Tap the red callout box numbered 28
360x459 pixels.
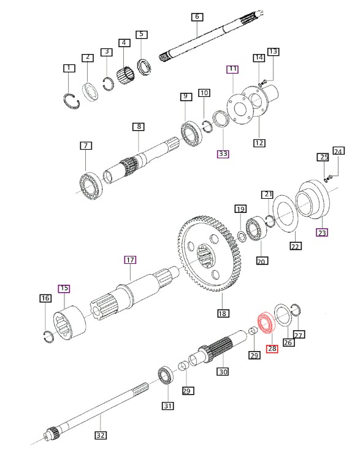pyautogui.click(x=272, y=349)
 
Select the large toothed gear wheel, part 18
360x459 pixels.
pyautogui.click(x=210, y=254)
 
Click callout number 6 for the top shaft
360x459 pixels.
pyautogui.click(x=197, y=17)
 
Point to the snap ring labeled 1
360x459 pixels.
pyautogui.click(x=71, y=101)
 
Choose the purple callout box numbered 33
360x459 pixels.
pyautogui.click(x=223, y=153)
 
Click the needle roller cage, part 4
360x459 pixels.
pyautogui.click(x=126, y=75)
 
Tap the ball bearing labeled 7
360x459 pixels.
pyautogui.click(x=91, y=186)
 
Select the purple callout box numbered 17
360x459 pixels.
pyautogui.click(x=130, y=260)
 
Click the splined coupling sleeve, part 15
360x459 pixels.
pyautogui.click(x=69, y=323)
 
